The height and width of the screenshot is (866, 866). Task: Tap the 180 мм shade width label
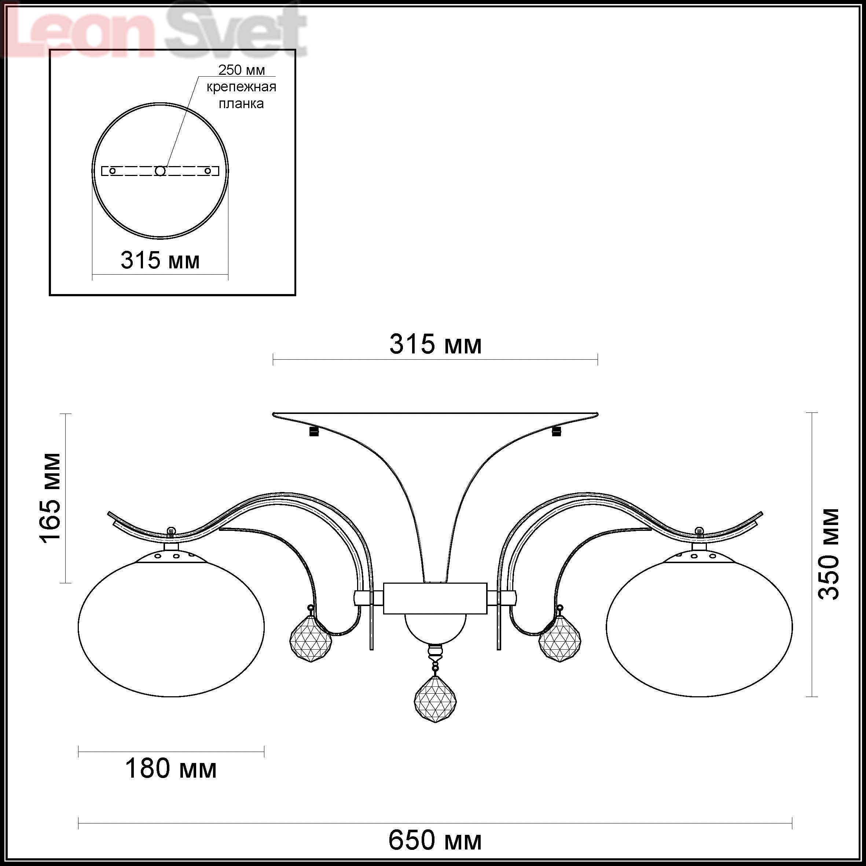coord(171,769)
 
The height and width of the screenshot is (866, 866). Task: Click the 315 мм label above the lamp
coord(435,344)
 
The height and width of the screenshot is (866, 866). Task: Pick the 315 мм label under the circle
coord(160,260)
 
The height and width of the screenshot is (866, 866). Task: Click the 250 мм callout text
coord(242,70)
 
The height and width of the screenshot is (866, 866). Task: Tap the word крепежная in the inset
coord(241,87)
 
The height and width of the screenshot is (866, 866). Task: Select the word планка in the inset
coord(241,103)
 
